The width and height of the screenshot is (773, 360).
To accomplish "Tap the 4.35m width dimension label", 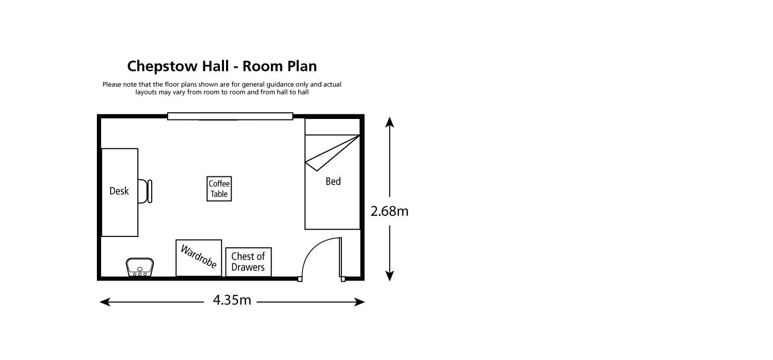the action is tap(232, 300).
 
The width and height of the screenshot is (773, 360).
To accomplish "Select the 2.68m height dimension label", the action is tap(389, 211).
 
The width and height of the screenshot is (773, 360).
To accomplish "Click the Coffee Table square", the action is tap(219, 189).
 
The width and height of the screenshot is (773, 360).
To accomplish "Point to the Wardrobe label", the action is tap(199, 256).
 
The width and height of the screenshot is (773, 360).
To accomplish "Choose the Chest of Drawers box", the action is tap(249, 262).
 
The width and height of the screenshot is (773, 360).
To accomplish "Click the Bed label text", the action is tap(333, 181).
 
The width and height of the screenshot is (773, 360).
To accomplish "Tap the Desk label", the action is tap(119, 191).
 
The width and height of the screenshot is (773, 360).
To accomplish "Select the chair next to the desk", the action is tap(145, 191).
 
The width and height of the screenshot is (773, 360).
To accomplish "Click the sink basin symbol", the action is tap(140, 267).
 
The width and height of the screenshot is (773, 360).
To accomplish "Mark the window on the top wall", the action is tap(230, 116).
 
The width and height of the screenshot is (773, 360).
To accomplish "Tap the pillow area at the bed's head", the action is tap(332, 127).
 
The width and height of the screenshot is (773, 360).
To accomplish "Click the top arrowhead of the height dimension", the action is tap(390, 122).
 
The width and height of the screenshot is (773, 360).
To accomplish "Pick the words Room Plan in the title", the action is tap(279, 66).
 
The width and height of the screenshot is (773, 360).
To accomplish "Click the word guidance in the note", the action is tap(280, 85).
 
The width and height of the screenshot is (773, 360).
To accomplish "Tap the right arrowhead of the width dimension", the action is tap(359, 302).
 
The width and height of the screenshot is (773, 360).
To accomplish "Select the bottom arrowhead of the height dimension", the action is tap(390, 276).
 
